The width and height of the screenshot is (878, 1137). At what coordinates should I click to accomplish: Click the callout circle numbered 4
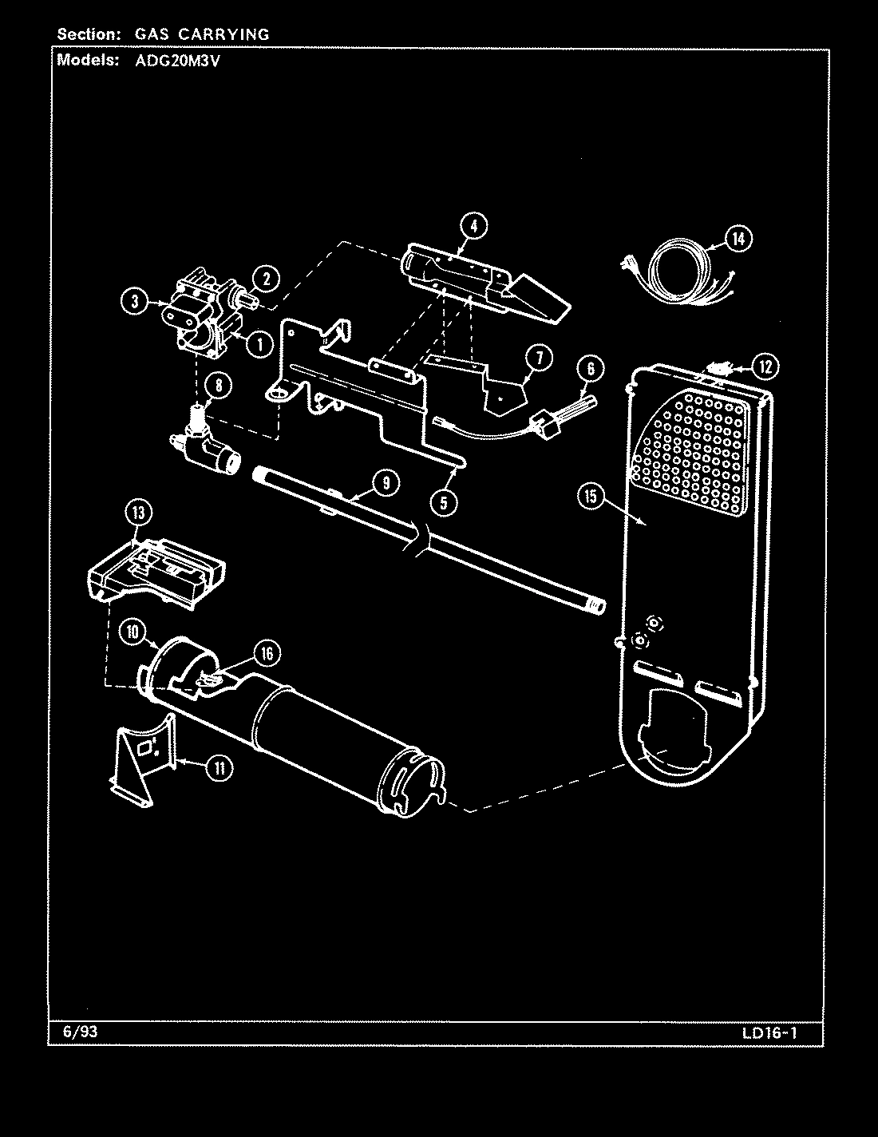click(473, 226)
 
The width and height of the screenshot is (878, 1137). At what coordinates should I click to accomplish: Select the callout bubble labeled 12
click(765, 366)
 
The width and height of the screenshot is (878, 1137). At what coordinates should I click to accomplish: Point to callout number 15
click(590, 497)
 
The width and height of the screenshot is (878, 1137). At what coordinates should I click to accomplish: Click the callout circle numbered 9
click(385, 481)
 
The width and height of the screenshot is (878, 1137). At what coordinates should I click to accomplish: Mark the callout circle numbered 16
click(266, 654)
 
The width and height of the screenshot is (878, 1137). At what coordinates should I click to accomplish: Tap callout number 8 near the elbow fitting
click(218, 385)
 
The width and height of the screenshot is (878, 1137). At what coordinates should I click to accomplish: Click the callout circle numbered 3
click(135, 301)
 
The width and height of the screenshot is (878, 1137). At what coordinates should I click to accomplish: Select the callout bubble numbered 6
click(590, 368)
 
